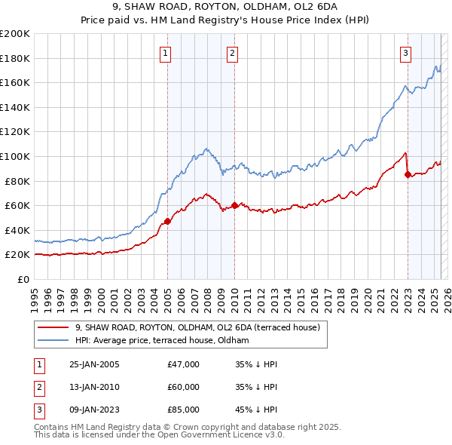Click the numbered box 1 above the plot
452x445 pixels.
(165, 53)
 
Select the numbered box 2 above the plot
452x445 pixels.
(233, 53)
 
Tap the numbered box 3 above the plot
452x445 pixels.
(405, 53)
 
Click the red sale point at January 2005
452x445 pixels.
(167, 221)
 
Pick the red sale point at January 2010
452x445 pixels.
(234, 205)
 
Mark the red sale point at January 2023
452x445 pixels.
(408, 174)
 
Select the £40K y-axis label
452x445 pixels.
(18, 230)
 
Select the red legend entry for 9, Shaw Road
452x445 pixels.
(197, 327)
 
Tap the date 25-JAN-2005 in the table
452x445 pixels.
(94, 364)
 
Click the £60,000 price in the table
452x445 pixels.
(184, 387)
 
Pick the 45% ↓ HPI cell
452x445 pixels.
(256, 410)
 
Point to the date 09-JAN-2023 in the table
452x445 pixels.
(94, 410)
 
